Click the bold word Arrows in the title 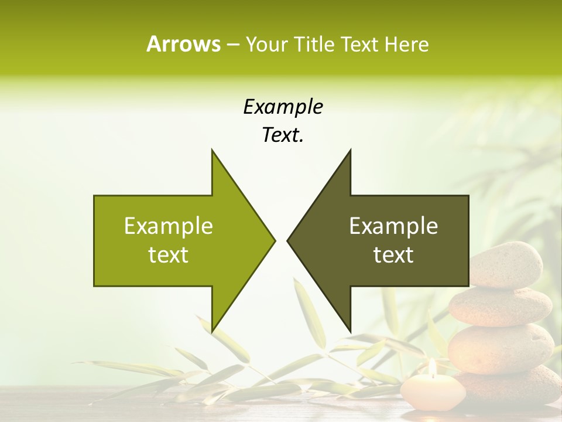pos(183,44)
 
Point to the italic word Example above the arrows pos(283,107)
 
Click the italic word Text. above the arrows pos(283,135)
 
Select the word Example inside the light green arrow pos(168,226)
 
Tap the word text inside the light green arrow pos(168,255)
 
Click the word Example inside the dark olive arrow pos(393,226)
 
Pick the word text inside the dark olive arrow pos(393,255)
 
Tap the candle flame pos(432,367)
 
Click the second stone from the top pos(501,306)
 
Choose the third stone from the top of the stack pos(501,347)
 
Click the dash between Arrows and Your pos(232,44)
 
